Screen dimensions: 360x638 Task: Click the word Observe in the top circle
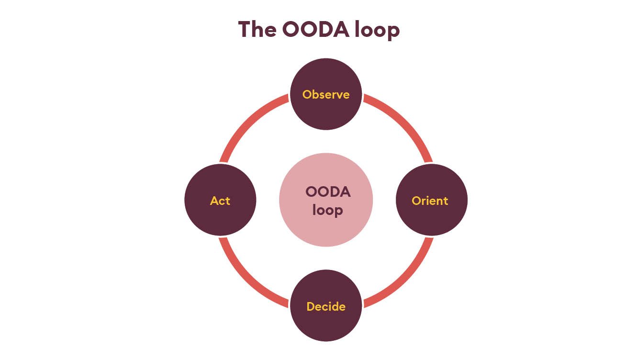point(326,94)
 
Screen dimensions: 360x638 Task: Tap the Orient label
point(430,201)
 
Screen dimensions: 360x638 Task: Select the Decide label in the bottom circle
point(326,306)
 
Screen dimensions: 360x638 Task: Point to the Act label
point(220,201)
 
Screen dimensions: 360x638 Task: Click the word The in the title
point(257,30)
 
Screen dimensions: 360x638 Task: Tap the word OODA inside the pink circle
point(328,192)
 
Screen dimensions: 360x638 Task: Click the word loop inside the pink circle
point(327,210)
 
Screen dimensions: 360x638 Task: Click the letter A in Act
point(214,201)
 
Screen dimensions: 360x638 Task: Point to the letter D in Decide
point(310,306)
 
